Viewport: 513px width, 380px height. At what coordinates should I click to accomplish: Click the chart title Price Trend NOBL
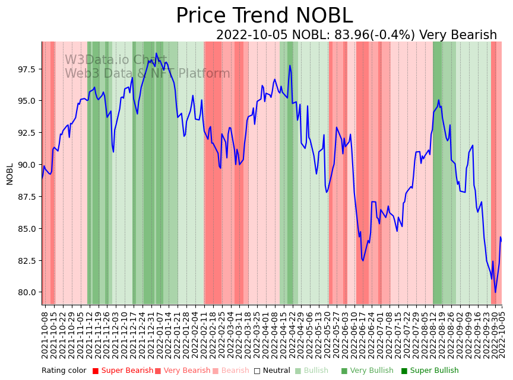pos(264,16)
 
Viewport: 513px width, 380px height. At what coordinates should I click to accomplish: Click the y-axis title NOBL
pos(9,174)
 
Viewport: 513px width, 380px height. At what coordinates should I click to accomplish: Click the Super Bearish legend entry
pos(122,371)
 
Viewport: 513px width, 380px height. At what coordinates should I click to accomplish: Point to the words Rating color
pos(64,371)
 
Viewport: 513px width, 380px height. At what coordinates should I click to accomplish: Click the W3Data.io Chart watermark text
pos(116,60)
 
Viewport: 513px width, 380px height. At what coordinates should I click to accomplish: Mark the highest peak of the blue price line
pos(157,53)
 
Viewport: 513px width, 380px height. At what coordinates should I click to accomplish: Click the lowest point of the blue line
pos(495,292)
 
